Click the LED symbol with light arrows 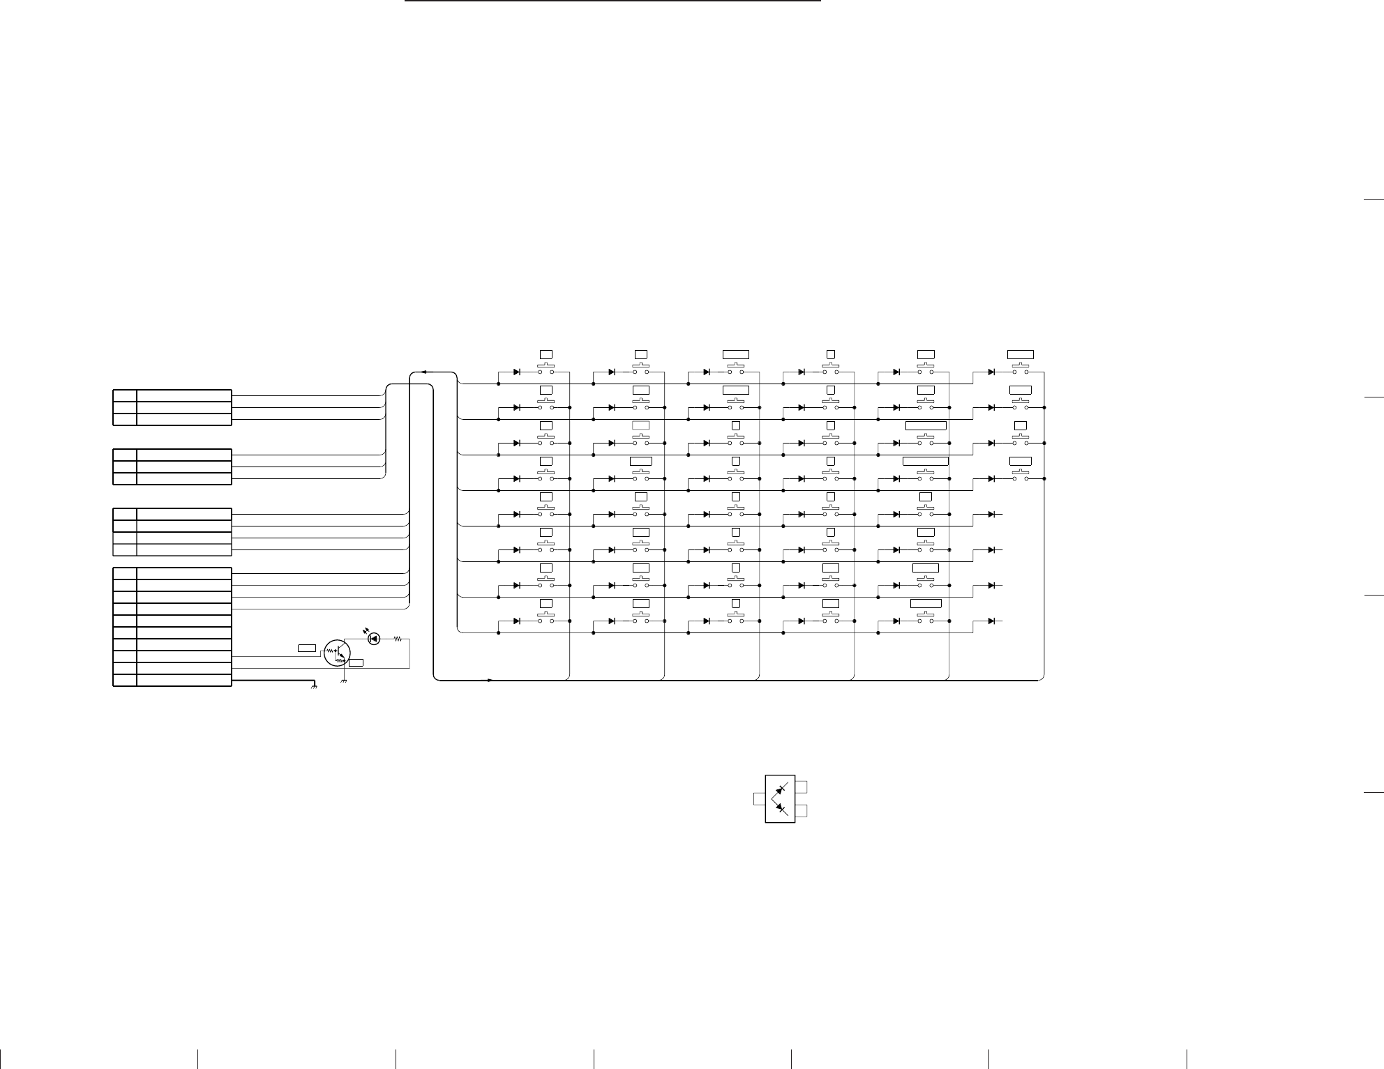tap(374, 638)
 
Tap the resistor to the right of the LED tap(398, 638)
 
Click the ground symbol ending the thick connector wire tap(314, 686)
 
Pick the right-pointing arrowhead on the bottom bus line tap(490, 680)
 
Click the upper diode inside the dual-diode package tap(781, 788)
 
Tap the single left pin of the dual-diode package tap(759, 798)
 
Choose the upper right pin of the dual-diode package tap(802, 787)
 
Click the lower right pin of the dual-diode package tap(802, 810)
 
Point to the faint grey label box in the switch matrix tap(640, 425)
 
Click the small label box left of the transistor tap(307, 649)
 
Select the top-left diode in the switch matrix tap(517, 372)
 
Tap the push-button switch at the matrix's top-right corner tap(1021, 370)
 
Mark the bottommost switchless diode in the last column tap(992, 621)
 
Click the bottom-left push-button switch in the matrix tap(546, 619)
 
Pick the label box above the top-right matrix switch tap(1021, 354)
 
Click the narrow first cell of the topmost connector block tap(125, 395)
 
